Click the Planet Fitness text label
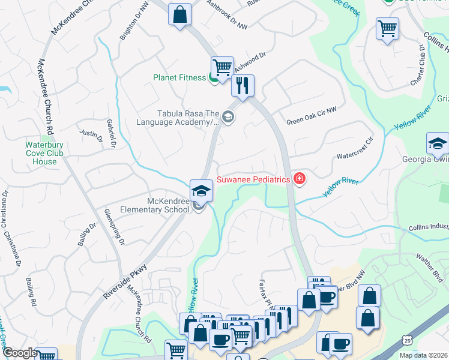(x=179, y=77)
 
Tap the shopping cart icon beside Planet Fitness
(x=222, y=67)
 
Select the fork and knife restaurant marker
(x=243, y=85)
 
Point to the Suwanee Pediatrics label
(x=253, y=178)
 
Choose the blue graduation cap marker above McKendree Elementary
(x=202, y=191)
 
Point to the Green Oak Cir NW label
(x=311, y=121)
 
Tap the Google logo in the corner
(x=20, y=353)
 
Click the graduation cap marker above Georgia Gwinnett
(x=437, y=144)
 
